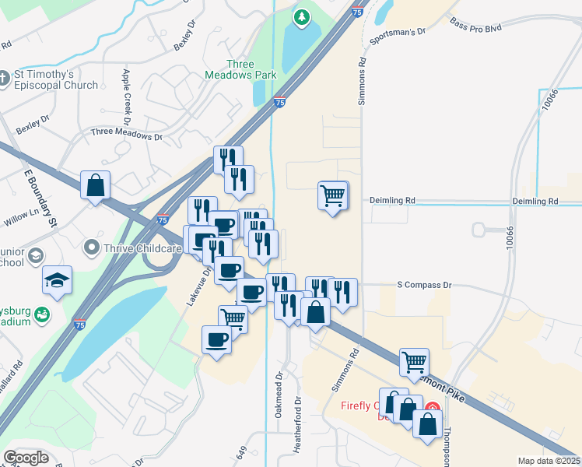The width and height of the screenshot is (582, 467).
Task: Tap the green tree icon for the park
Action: [x=301, y=16]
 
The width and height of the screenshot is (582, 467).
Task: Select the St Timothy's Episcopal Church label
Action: [x=54, y=80]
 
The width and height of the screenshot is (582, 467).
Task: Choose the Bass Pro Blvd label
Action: [x=475, y=26]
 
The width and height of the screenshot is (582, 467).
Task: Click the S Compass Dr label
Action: [x=424, y=286]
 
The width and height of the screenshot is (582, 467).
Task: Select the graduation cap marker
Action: [x=57, y=279]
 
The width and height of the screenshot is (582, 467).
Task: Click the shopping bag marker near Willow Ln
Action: [x=95, y=186]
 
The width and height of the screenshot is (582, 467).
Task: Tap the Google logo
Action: [x=26, y=458]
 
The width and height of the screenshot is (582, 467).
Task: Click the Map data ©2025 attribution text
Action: [x=549, y=461]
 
